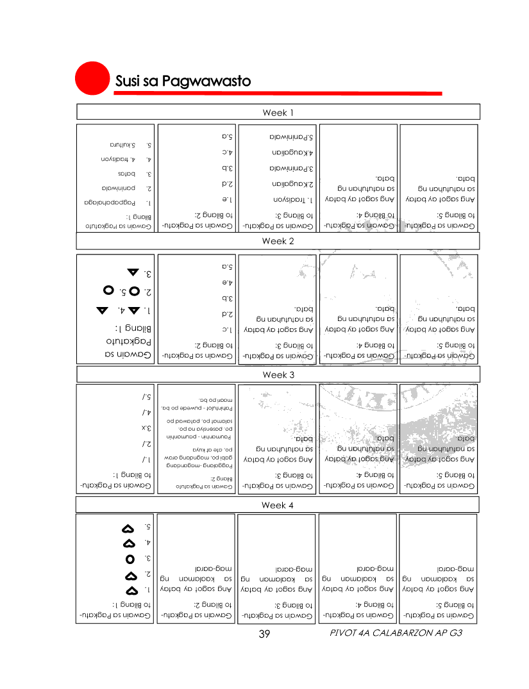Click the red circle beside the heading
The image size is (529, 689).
(x=91, y=78)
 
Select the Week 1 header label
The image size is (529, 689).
(x=278, y=113)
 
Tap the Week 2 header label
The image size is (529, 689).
(x=278, y=242)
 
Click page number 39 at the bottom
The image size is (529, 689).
(x=264, y=634)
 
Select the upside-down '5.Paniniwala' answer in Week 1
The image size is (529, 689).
(x=292, y=137)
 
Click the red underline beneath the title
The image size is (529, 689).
(x=278, y=94)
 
